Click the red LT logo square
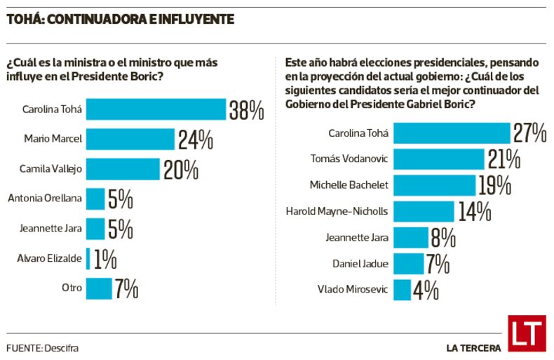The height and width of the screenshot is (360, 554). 526,333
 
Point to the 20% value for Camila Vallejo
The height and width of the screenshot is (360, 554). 181,169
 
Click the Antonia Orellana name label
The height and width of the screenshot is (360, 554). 45,199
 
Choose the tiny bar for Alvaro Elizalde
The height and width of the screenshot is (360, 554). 88,258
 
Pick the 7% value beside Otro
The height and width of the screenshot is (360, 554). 126,288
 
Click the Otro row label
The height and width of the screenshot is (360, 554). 72,288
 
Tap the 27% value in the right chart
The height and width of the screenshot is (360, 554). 529,133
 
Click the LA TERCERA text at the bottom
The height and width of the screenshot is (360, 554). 473,347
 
